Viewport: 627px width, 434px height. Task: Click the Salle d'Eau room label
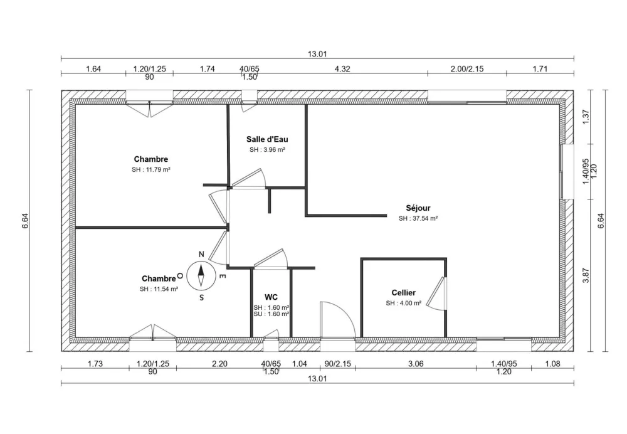[267, 139]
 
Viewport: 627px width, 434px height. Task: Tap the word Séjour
[418, 208]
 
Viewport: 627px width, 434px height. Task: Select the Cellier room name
[403, 292]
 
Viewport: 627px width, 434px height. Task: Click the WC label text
[271, 296]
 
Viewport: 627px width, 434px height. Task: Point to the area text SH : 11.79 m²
[151, 169]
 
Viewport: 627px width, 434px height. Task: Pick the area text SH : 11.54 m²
[159, 288]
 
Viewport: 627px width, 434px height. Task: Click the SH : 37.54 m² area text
[418, 219]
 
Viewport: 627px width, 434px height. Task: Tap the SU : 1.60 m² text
[271, 314]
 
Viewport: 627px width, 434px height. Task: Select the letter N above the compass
[201, 254]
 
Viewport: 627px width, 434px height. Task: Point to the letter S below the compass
[201, 298]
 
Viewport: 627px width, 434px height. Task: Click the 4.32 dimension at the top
[342, 69]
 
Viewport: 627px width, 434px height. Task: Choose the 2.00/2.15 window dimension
[467, 69]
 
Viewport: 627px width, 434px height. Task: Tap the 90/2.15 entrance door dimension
[338, 364]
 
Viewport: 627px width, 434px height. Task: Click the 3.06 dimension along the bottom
[416, 364]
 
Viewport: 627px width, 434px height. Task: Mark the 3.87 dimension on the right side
[586, 276]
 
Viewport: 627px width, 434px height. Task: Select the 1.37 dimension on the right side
[586, 117]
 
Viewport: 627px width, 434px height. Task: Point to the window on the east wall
[567, 172]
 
